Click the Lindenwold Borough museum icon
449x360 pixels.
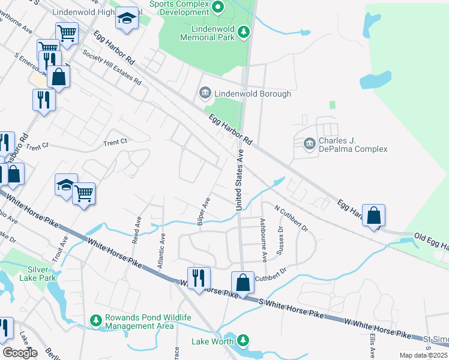(x=205, y=93)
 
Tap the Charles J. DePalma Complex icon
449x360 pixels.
(x=309, y=143)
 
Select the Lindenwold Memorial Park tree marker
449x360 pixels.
(x=243, y=32)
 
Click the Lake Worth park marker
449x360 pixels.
(x=243, y=341)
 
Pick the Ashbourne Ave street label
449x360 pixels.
(x=264, y=239)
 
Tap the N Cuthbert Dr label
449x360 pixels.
(x=291, y=220)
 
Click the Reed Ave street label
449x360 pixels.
(x=136, y=230)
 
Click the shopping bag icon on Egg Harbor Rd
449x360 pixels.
(x=373, y=216)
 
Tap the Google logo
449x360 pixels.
(x=20, y=353)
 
